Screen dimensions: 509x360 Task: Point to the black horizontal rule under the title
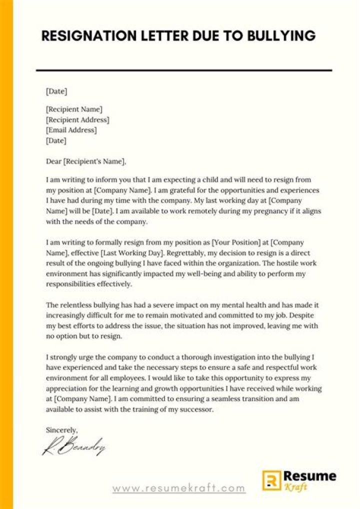click(x=184, y=70)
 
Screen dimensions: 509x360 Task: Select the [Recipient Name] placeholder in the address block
click(x=74, y=109)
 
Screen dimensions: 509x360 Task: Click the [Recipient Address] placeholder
click(x=77, y=119)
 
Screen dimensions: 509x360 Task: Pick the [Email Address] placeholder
click(x=71, y=130)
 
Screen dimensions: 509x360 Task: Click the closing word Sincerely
click(x=61, y=429)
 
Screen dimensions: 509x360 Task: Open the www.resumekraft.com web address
click(x=178, y=488)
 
